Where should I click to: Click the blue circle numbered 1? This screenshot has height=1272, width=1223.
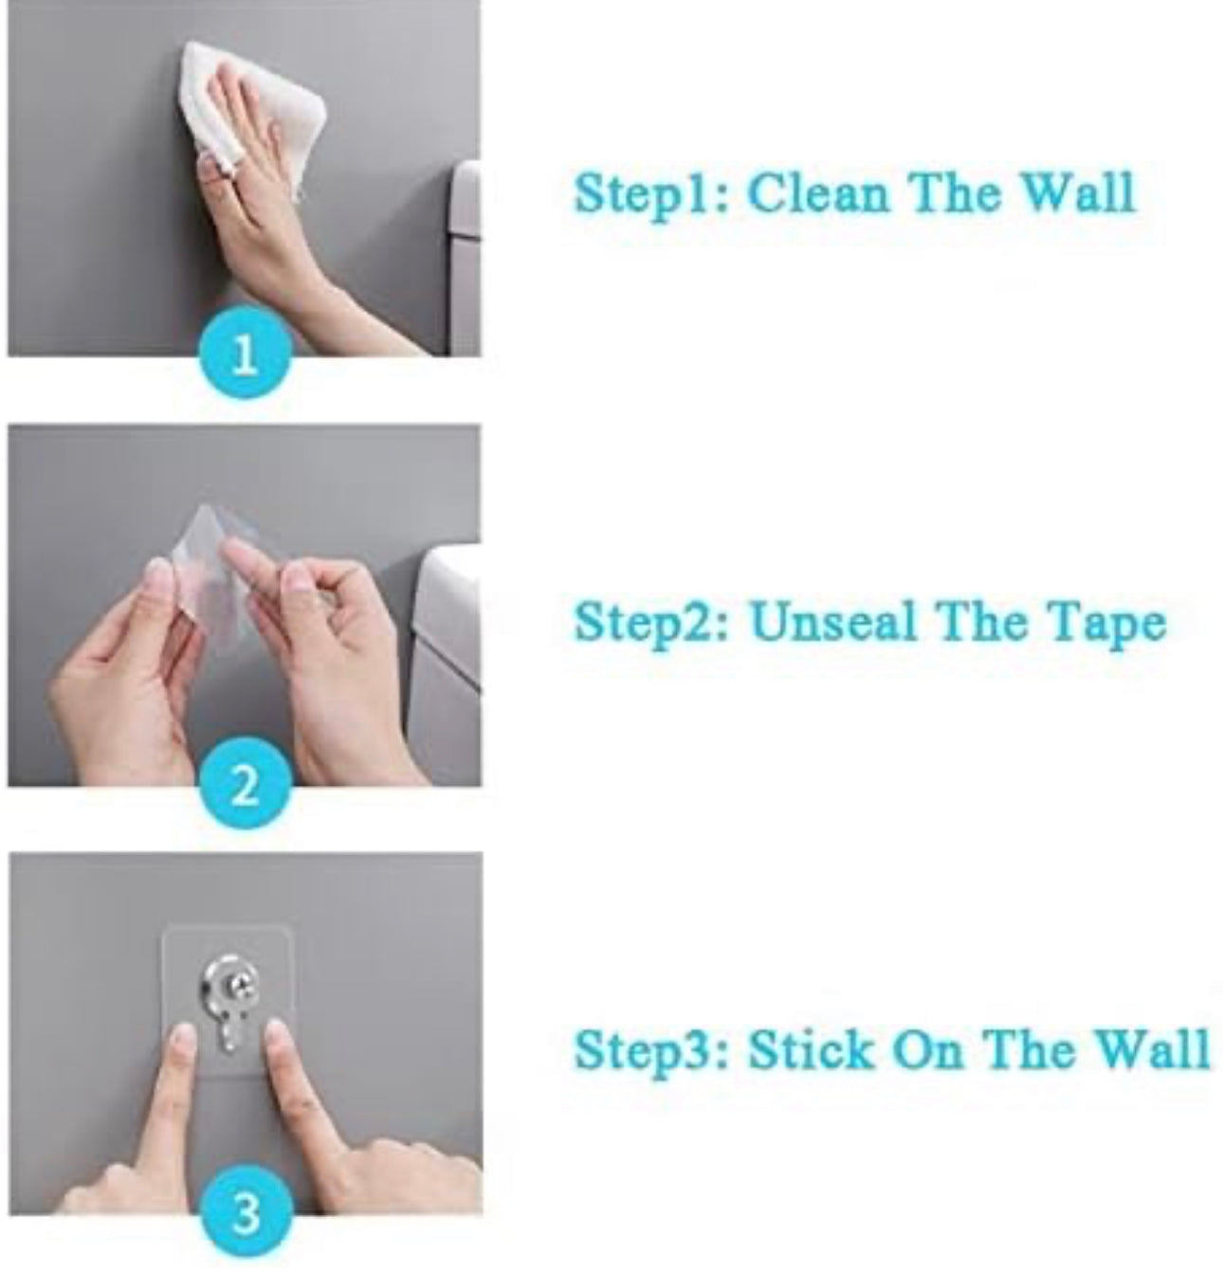click(245, 352)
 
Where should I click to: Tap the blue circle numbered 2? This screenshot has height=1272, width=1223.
click(245, 782)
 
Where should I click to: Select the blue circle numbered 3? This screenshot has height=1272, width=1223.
click(246, 1211)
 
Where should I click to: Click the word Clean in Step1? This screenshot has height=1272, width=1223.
click(818, 192)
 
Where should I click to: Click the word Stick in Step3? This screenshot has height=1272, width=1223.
click(810, 1049)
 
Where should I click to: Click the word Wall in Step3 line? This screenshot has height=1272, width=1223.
click(1152, 1049)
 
